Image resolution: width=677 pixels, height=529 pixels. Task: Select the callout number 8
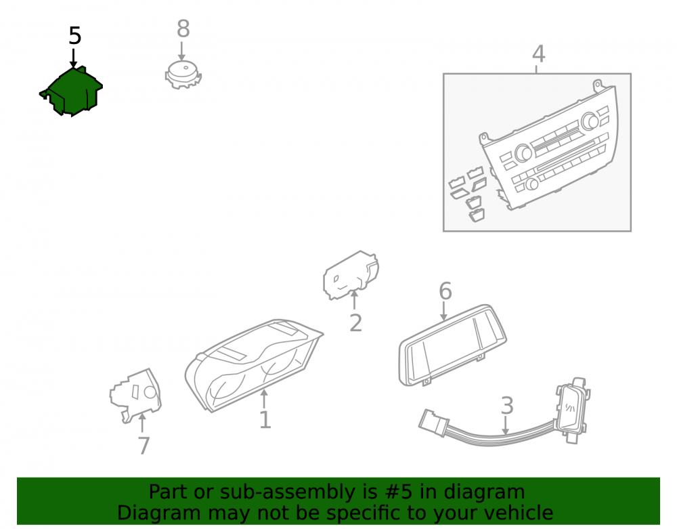(183, 29)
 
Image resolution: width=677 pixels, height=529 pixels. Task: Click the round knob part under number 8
(183, 75)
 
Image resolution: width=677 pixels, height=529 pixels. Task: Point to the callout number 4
(538, 54)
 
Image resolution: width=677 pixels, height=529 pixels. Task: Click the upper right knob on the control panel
(589, 121)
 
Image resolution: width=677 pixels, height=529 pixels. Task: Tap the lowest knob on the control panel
(532, 184)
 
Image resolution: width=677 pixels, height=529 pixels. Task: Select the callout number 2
(355, 323)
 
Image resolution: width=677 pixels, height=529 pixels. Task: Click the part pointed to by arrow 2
(351, 274)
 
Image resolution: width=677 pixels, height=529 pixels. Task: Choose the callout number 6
(445, 291)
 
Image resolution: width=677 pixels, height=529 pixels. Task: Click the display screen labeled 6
(452, 345)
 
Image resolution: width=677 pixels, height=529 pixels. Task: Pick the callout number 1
(265, 420)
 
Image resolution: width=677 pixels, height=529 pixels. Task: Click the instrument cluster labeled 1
(254, 365)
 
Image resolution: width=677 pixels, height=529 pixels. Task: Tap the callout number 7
(144, 446)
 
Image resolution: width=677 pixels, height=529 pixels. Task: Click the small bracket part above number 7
(135, 395)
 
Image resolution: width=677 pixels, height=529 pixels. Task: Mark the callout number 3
(507, 406)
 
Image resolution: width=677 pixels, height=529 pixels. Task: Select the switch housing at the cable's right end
(572, 410)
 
